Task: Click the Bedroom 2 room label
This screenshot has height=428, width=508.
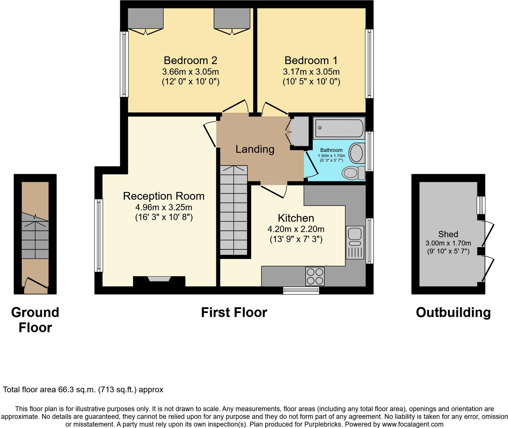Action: [x=190, y=60]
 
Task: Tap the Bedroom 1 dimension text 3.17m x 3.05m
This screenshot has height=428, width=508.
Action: [x=311, y=72]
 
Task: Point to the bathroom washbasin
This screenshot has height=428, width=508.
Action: [x=356, y=153]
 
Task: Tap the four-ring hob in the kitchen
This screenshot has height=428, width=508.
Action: [x=315, y=276]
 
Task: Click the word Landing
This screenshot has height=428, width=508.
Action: [x=255, y=149]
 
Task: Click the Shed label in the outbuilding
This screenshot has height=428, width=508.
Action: [x=448, y=234]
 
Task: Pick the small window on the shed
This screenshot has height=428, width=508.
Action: [x=481, y=205]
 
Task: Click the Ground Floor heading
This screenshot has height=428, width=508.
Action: [x=35, y=320]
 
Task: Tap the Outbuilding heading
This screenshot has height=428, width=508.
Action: [x=453, y=312]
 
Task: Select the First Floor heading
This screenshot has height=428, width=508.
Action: [x=234, y=312]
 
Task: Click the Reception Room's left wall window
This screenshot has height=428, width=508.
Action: [x=99, y=235]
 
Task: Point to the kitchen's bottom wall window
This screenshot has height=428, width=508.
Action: [x=301, y=291]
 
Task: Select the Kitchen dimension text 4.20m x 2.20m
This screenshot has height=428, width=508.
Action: [x=296, y=229]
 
